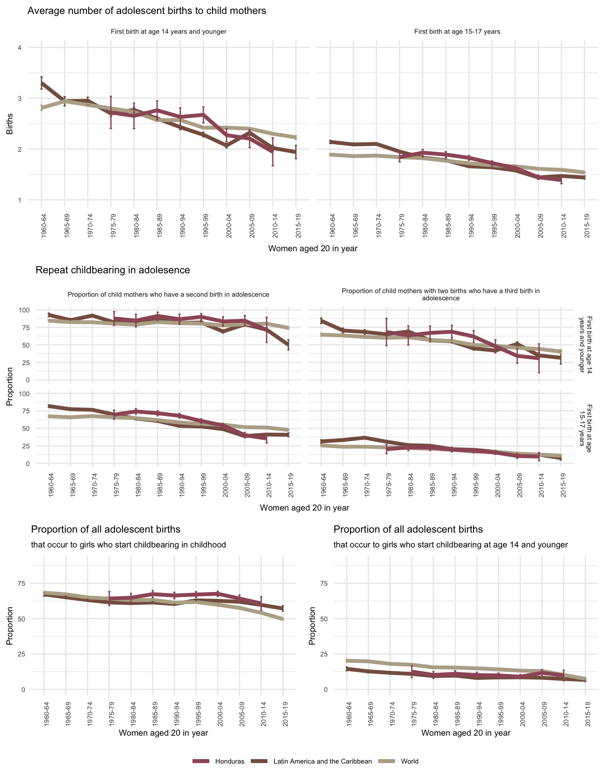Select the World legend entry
click(409, 761)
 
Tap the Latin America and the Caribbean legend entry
click(322, 761)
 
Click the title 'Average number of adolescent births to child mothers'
click(147, 11)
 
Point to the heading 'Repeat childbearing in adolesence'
click(113, 270)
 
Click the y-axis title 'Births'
click(10, 124)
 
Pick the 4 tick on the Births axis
click(19, 48)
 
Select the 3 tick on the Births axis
click(19, 99)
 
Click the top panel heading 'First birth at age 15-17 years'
click(457, 32)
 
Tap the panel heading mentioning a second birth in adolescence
click(168, 294)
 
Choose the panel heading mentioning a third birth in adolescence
click(441, 294)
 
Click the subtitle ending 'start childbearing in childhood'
click(128, 545)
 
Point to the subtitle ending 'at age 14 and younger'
click(451, 545)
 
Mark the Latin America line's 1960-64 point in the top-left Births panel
click(41, 83)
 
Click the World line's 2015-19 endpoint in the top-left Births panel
click(296, 137)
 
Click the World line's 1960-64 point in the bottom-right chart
click(347, 660)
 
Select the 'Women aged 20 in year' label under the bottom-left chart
click(163, 733)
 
